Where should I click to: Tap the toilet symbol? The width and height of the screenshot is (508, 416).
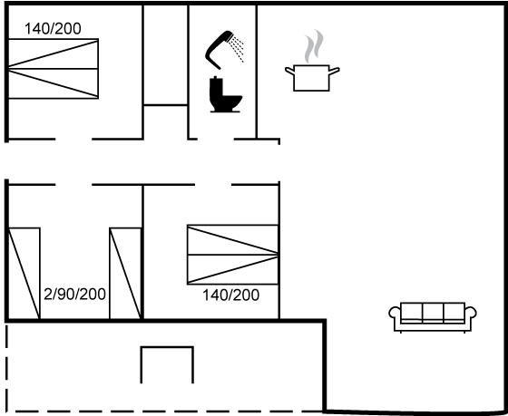(x=225, y=94)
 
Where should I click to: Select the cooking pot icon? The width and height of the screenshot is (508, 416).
(x=312, y=78)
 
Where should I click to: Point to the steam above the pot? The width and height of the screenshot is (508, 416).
(x=314, y=46)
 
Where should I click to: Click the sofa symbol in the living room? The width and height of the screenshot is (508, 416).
(x=433, y=317)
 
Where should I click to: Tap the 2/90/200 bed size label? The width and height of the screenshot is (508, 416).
(x=74, y=294)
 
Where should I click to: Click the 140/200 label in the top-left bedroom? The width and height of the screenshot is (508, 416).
(x=53, y=28)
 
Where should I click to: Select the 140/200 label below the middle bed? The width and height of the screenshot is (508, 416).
(x=231, y=295)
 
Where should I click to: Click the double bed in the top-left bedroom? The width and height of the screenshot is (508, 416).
(x=54, y=69)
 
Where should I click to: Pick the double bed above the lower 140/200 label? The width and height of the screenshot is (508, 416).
(x=232, y=255)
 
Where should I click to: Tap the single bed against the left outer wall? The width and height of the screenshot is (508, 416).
(x=24, y=273)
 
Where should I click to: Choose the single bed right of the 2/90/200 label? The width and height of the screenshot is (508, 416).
(x=125, y=273)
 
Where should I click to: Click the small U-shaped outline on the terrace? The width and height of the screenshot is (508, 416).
(x=167, y=347)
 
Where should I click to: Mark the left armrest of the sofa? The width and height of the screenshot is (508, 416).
(x=395, y=314)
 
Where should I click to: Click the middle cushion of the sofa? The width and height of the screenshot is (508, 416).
(x=433, y=312)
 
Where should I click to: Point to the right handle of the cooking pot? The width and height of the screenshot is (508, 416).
(x=335, y=71)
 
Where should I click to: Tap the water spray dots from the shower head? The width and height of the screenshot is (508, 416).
(x=237, y=49)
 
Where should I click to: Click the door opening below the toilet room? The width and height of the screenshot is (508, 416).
(x=216, y=140)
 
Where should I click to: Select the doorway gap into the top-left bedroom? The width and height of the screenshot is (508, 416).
(x=73, y=140)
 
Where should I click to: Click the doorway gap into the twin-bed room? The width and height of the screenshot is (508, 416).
(x=73, y=185)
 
